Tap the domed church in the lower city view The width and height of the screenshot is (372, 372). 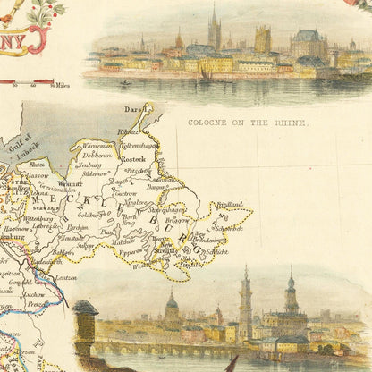click(x=172, y=309)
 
